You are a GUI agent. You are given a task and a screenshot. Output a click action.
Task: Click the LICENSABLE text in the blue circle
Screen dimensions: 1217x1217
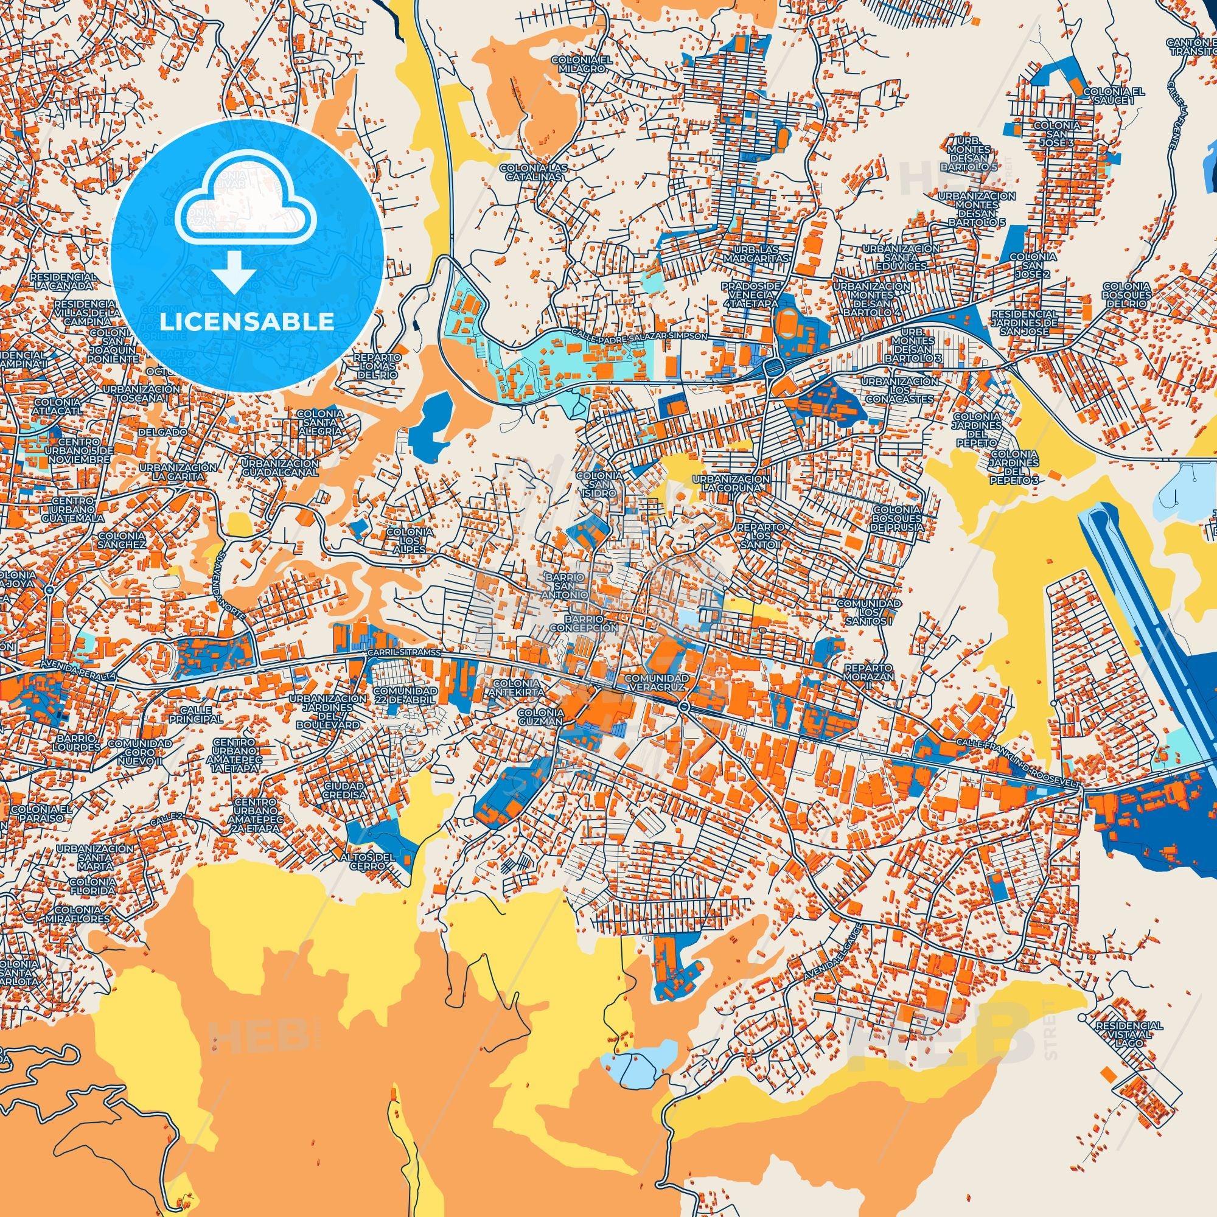[x=247, y=321]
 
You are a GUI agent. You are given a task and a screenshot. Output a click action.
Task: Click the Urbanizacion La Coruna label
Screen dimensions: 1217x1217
[x=731, y=484]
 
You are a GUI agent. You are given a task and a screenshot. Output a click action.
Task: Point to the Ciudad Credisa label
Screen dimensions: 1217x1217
[x=344, y=790]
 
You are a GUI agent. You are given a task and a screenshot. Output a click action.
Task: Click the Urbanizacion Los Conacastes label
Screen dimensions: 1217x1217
[x=900, y=391]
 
